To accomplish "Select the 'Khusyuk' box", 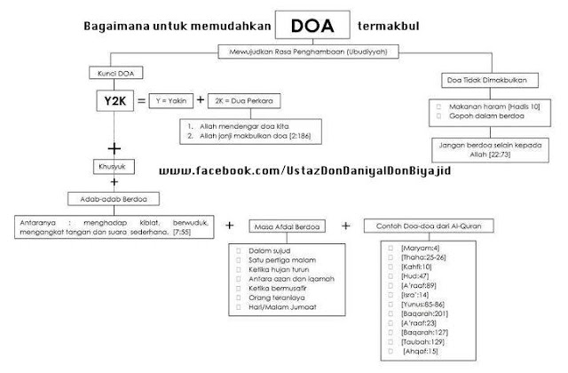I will [x=113, y=164].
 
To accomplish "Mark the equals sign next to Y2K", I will [x=144, y=100].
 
